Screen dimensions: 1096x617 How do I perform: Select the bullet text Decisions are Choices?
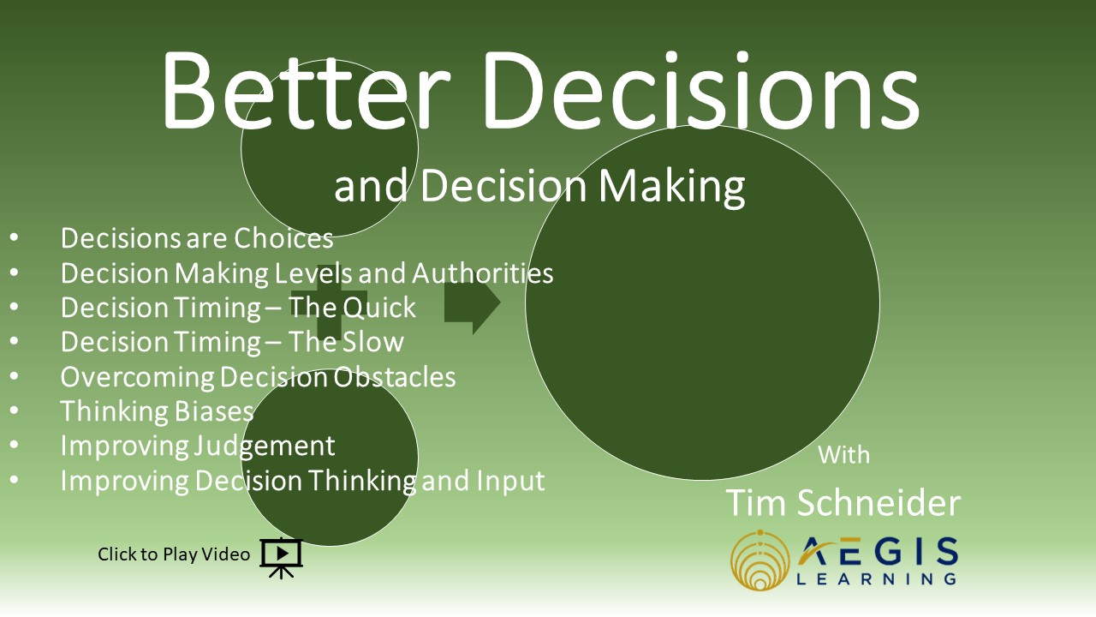pyautogui.click(x=197, y=238)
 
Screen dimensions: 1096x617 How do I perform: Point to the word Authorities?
pyautogui.click(x=482, y=273)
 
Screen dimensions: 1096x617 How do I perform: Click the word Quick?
pyautogui.click(x=378, y=308)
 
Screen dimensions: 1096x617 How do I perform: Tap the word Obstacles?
pyautogui.click(x=395, y=376)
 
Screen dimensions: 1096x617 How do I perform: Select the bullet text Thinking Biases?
pyautogui.click(x=157, y=410)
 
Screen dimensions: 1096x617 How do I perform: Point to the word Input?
pyautogui.click(x=510, y=481)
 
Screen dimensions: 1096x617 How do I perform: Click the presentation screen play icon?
pyautogui.click(x=282, y=558)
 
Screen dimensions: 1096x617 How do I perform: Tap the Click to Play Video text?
pyautogui.click(x=174, y=554)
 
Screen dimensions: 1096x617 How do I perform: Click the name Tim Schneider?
pyautogui.click(x=843, y=502)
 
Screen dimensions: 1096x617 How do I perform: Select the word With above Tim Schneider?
pyautogui.click(x=843, y=455)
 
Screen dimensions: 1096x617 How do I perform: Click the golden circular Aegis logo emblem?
pyautogui.click(x=759, y=560)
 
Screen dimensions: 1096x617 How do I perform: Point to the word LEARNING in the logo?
pyautogui.click(x=876, y=578)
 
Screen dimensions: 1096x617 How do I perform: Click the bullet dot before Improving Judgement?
pyautogui.click(x=14, y=445)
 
